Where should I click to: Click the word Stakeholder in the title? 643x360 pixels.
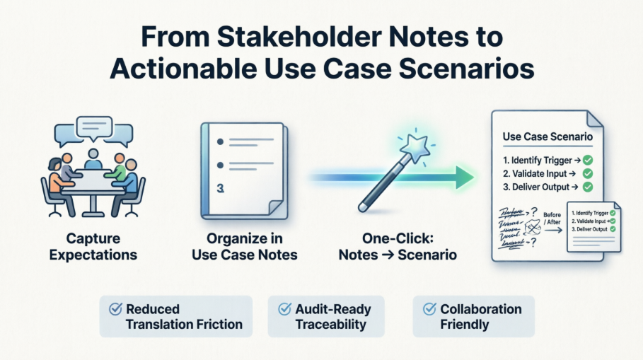(270, 37)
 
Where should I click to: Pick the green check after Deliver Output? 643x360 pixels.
(586, 188)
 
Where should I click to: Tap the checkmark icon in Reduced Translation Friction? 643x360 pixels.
(115, 309)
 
